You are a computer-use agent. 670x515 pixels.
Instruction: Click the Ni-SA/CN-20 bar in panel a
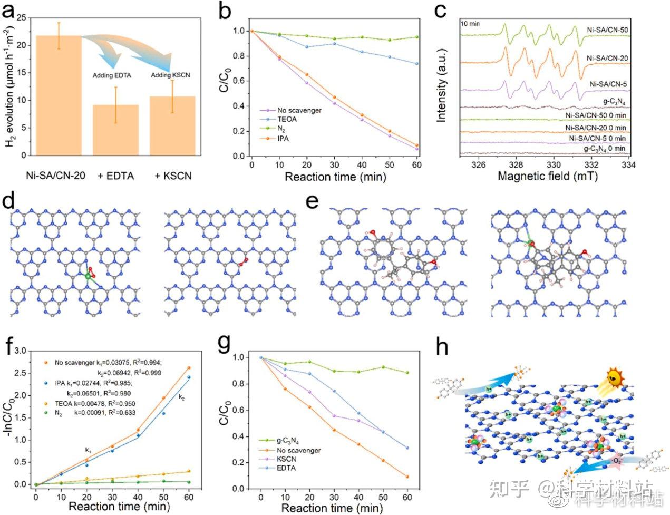(x=59, y=95)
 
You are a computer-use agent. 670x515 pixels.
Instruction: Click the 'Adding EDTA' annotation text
(x=112, y=75)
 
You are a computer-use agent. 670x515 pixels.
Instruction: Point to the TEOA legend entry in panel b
(x=285, y=120)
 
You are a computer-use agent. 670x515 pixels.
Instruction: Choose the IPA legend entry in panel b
(x=283, y=139)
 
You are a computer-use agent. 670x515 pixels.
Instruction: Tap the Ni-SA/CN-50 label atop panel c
(x=607, y=30)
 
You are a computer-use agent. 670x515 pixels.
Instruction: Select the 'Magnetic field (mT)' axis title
(x=548, y=177)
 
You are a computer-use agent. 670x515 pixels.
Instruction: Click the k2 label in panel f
(x=181, y=396)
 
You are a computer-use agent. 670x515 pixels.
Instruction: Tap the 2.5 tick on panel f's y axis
(x=21, y=373)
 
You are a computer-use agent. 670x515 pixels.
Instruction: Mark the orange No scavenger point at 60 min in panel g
(x=407, y=477)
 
